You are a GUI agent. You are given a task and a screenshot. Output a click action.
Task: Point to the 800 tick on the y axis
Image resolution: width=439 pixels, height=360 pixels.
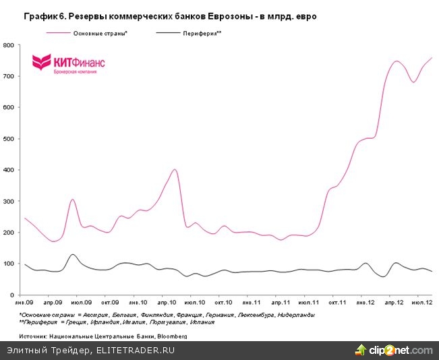tap(9, 45)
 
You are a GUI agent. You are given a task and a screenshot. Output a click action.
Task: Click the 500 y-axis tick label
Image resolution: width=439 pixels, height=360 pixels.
tap(9, 139)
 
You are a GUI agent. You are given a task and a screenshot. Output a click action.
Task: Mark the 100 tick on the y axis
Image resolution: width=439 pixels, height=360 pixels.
tap(9, 264)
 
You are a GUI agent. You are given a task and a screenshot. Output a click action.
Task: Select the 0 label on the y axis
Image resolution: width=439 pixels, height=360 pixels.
tap(13, 295)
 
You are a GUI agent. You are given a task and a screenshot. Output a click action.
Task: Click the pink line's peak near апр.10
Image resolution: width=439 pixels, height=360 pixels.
tap(175, 169)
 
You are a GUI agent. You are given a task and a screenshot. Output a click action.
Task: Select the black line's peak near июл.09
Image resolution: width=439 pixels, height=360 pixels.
tap(72, 254)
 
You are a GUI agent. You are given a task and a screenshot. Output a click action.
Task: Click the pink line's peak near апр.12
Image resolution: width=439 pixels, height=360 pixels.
tap(397, 61)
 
